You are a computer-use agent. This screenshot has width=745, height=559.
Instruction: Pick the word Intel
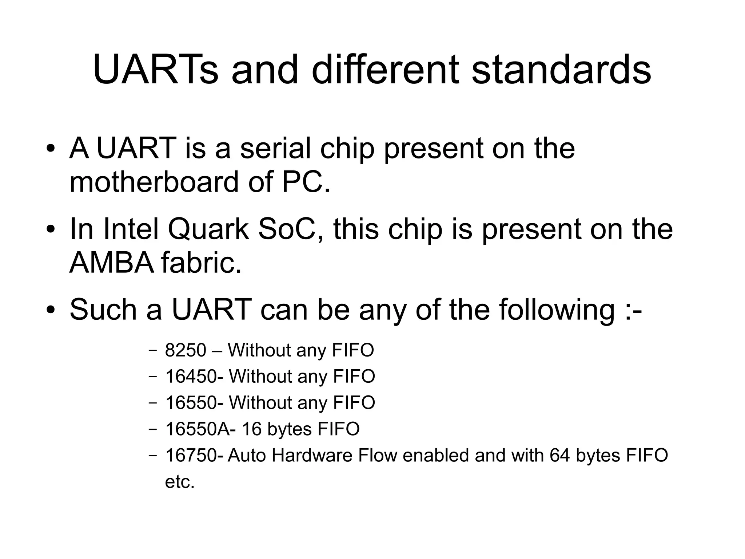click(x=131, y=229)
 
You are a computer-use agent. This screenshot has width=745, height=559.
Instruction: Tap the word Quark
click(x=208, y=229)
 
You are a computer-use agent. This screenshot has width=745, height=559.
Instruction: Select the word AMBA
click(x=112, y=263)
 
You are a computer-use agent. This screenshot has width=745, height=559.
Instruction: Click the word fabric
click(x=201, y=263)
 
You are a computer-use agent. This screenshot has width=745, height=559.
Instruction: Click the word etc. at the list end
click(x=180, y=482)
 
